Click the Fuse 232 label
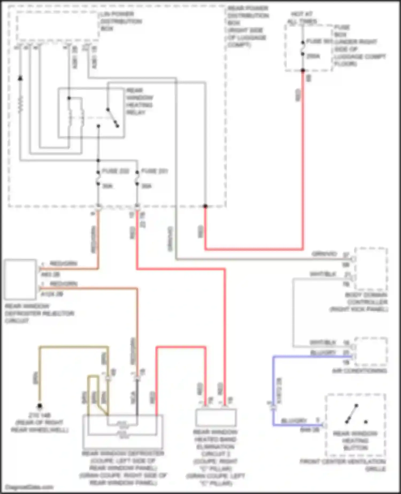click(115, 171)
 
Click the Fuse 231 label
click(155, 171)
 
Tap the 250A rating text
click(313, 56)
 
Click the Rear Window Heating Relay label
click(140, 101)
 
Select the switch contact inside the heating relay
click(112, 117)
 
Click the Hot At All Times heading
click(302, 17)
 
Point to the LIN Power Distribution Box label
click(121, 21)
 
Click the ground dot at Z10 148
click(40, 406)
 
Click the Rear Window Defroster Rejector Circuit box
click(20, 279)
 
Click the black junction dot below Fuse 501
click(303, 70)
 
